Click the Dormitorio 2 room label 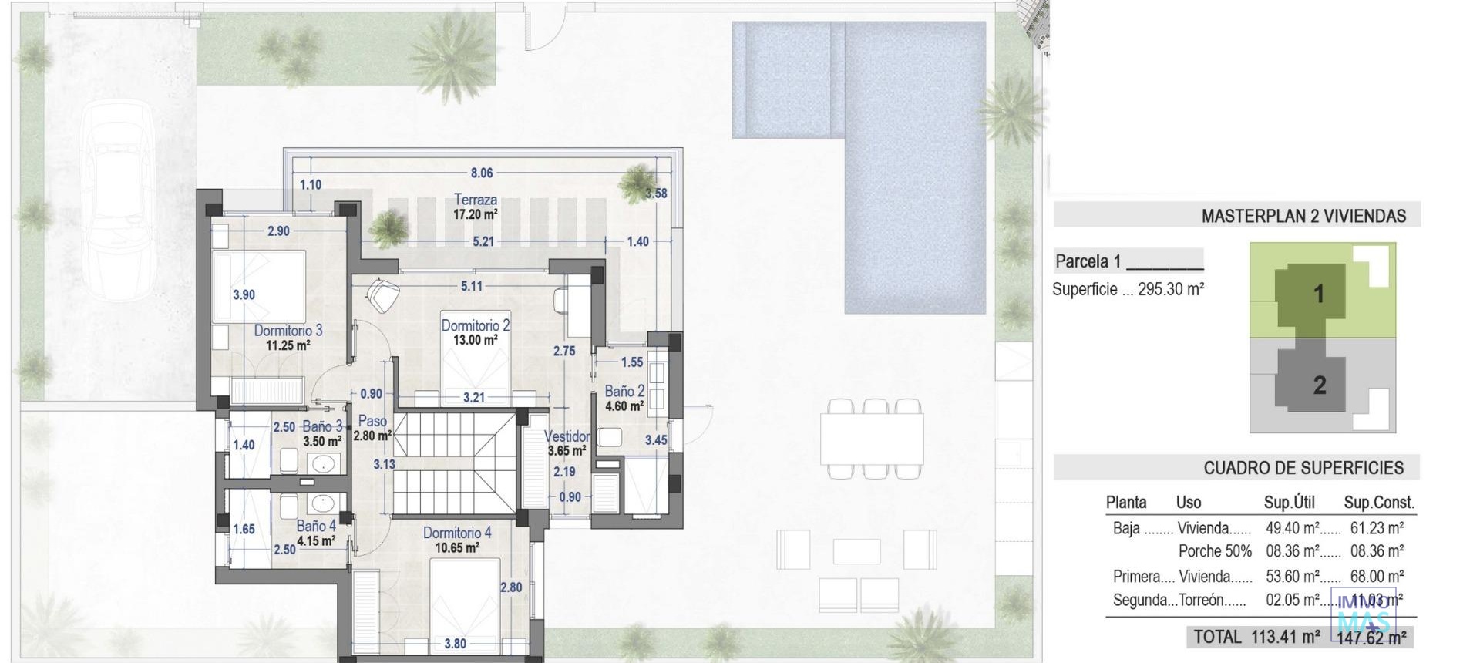point(475,326)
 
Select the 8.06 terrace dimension point(482,173)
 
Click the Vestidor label point(567,437)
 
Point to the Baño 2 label point(624,392)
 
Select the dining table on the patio point(872,438)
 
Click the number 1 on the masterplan point(1318,294)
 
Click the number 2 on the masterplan point(1319,385)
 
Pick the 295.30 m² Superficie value point(1171,290)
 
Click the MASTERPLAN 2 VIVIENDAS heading point(1303,217)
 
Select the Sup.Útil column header point(1289,503)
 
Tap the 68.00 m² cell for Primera point(1377,576)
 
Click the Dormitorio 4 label point(457,533)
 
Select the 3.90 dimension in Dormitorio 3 point(244,294)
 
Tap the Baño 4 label point(316,527)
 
